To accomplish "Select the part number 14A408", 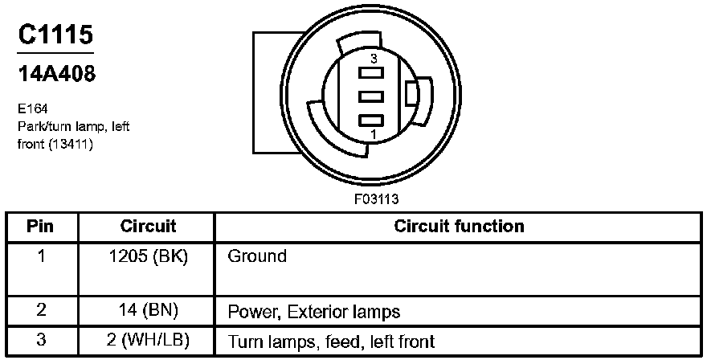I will click(56, 74).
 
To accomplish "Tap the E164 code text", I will click(32, 107).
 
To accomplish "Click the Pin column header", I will click(40, 226).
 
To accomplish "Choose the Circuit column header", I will click(148, 226).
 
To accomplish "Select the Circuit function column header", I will click(459, 226).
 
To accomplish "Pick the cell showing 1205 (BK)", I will click(148, 256).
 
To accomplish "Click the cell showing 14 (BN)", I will click(148, 310).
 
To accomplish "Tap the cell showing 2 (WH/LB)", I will click(148, 341).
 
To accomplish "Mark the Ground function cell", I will click(257, 256).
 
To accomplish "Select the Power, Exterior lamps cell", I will click(314, 310).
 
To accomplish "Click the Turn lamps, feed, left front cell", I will click(331, 341).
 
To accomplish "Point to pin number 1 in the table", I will click(40, 256).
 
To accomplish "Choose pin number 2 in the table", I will click(40, 310).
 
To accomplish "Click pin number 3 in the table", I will click(40, 341).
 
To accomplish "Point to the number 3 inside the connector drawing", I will click(374, 59).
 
